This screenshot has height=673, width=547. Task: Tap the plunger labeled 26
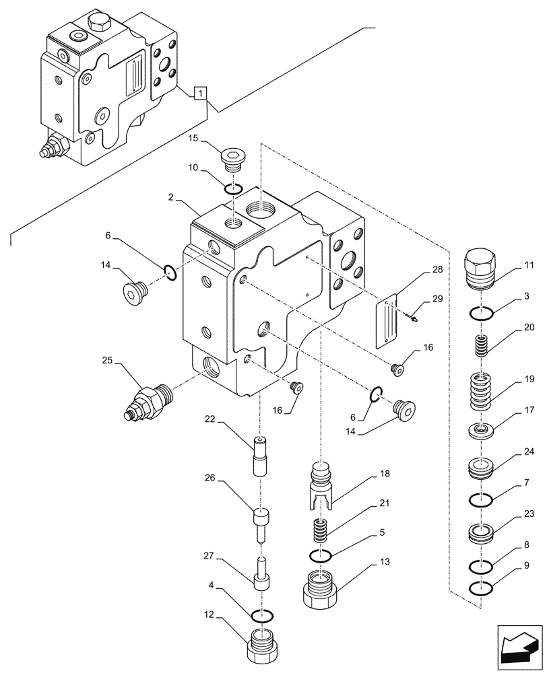pos(262,524)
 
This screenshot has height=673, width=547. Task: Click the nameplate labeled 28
pos(387,322)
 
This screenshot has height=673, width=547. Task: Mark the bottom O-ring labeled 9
pos(482,588)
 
